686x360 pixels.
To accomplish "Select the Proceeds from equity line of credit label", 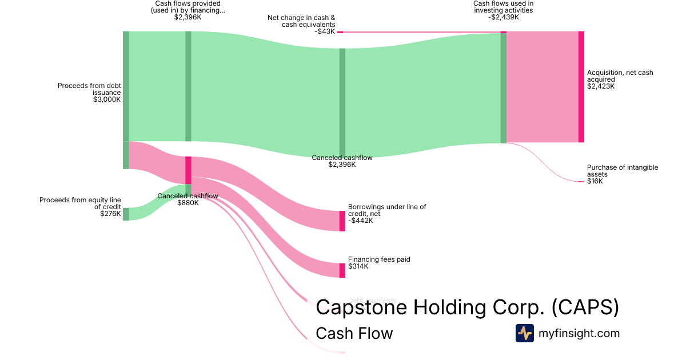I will click(80, 203).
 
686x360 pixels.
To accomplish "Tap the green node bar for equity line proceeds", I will click(126, 214).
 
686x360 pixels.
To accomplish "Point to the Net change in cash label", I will click(301, 21).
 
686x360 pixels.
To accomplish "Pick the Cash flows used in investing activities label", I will click(503, 7).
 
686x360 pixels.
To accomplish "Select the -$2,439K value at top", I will click(503, 17).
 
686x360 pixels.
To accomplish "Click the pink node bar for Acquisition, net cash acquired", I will click(581, 87).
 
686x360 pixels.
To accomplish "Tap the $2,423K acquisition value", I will click(600, 86).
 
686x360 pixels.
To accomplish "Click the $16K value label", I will click(595, 181).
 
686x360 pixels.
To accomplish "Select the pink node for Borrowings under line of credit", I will click(342, 221).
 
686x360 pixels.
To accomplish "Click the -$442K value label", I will click(360, 221).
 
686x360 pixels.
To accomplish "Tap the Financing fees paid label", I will click(379, 259).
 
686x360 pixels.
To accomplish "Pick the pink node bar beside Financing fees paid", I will click(342, 270).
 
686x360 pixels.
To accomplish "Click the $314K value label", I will click(358, 266).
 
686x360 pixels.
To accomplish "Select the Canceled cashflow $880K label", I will click(188, 199).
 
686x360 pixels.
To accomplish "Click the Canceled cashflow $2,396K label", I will click(342, 161).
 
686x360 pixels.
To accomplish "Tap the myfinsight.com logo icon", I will click(524, 333).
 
